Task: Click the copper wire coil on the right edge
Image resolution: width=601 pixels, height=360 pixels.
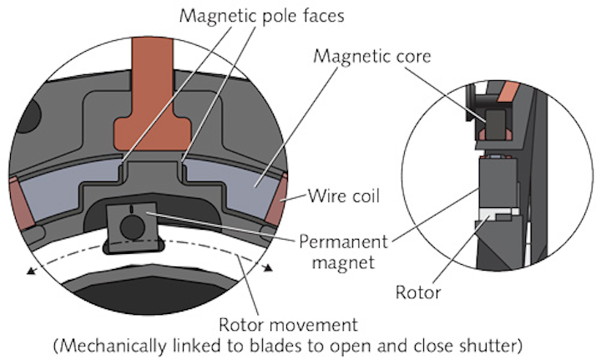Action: coord(276,200)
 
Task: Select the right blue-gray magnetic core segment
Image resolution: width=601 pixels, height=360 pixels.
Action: coord(225,188)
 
